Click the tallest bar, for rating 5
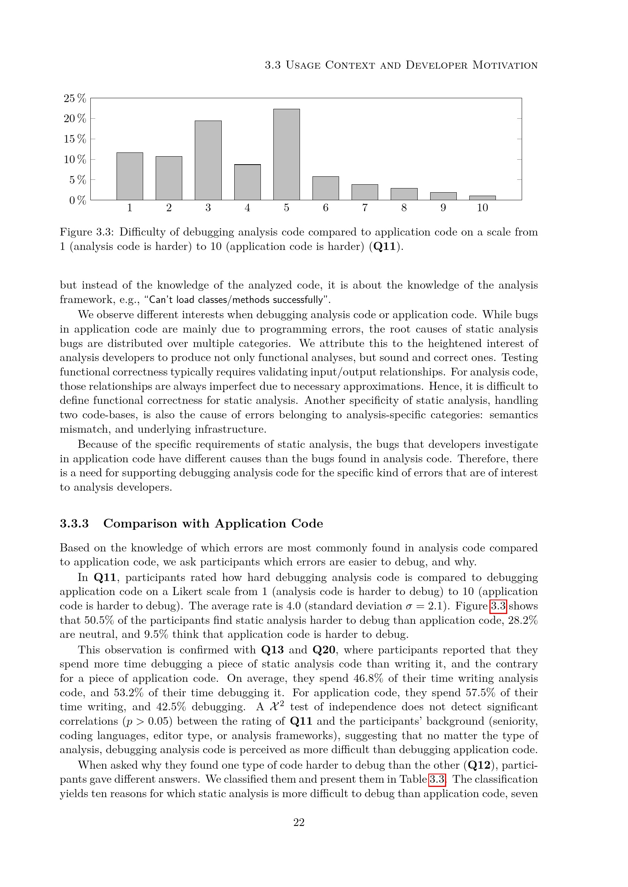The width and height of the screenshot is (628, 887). coord(286,154)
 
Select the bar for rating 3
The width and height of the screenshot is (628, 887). coord(208,160)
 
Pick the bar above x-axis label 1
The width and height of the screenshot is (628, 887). coord(129,176)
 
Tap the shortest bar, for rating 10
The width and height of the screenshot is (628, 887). coord(482,198)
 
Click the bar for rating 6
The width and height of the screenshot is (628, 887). coord(326,188)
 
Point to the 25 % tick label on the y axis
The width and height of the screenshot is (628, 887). coord(75,98)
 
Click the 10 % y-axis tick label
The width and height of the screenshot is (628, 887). coord(75,159)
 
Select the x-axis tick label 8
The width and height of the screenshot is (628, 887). coord(404,208)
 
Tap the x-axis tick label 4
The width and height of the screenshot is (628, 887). coord(247,208)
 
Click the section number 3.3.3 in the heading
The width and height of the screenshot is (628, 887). coord(74,523)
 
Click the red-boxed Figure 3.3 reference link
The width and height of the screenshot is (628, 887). coord(498,606)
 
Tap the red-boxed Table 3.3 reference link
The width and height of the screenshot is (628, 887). coord(437,779)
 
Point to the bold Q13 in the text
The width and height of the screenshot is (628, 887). coord(272,650)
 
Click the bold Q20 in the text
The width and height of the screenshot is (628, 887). coord(323,650)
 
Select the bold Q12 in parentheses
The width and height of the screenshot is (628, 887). coord(480,765)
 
